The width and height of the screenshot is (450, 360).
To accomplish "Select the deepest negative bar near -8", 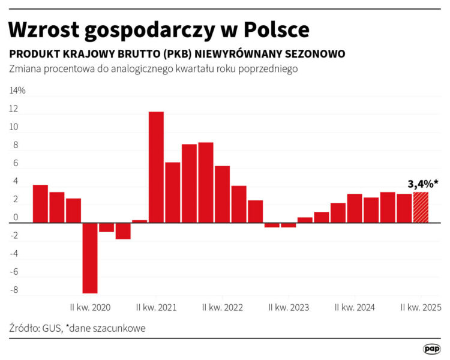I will pyautogui.click(x=90, y=258).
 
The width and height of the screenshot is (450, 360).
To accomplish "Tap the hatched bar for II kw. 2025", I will pyautogui.click(x=421, y=208).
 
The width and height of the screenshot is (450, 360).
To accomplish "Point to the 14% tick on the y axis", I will pyautogui.click(x=17, y=91).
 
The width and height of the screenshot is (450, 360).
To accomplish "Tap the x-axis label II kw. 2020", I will pyautogui.click(x=90, y=307).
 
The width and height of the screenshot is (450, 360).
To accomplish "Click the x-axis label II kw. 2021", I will pyautogui.click(x=156, y=307).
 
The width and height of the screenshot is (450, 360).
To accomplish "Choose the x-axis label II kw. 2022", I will pyautogui.click(x=223, y=307).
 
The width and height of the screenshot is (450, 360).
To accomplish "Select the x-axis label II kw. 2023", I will pyautogui.click(x=289, y=307).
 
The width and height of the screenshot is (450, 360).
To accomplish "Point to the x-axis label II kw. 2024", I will pyautogui.click(x=355, y=307).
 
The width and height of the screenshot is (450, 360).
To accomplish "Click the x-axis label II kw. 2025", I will pyautogui.click(x=421, y=307).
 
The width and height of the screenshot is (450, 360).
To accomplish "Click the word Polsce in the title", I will pyautogui.click(x=275, y=30).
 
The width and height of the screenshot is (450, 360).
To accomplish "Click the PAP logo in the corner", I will pyautogui.click(x=431, y=349).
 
